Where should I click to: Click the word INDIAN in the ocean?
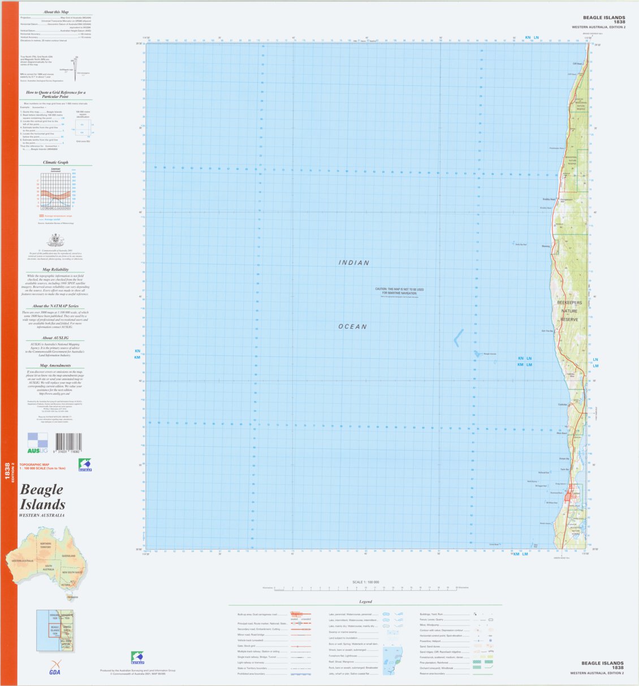tap(354, 263)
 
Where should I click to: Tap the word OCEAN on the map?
tap(352, 326)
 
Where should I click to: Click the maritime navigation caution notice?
tap(399, 291)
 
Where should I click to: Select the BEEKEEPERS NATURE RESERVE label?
tap(569, 311)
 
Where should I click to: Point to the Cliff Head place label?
tap(577, 64)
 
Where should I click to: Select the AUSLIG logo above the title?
tap(38, 443)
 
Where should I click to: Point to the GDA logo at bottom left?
tap(54, 668)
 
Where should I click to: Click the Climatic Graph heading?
tap(55, 162)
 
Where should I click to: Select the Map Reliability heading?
tap(55, 270)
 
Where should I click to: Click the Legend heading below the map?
tap(365, 602)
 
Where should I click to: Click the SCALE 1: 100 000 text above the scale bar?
tap(365, 582)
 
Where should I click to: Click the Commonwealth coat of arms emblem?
tap(55, 240)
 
